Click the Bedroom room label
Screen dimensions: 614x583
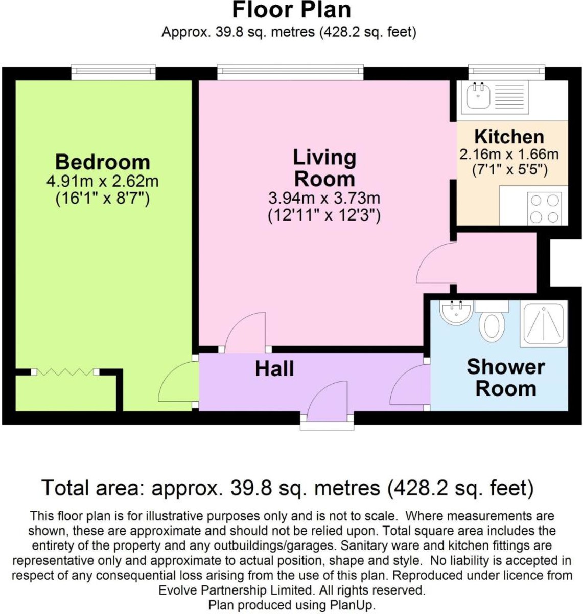[x=102, y=162]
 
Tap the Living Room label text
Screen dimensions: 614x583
[x=324, y=168]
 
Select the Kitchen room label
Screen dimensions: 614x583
[x=509, y=137]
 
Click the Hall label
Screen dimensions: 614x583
[x=274, y=369]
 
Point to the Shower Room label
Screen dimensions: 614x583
[x=505, y=378]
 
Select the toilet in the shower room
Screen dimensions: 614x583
[x=493, y=323]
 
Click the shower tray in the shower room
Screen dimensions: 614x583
[x=544, y=323]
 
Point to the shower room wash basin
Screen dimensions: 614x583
[x=456, y=312]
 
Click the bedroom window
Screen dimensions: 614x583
[x=113, y=72]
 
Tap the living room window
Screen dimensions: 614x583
[x=290, y=72]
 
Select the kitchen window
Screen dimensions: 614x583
[x=506, y=72]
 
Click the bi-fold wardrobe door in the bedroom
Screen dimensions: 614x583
[x=65, y=372]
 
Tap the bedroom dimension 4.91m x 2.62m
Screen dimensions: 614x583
[x=102, y=182]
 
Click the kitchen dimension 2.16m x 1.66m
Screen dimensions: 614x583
[x=509, y=154]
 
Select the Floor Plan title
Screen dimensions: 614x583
[x=291, y=10]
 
